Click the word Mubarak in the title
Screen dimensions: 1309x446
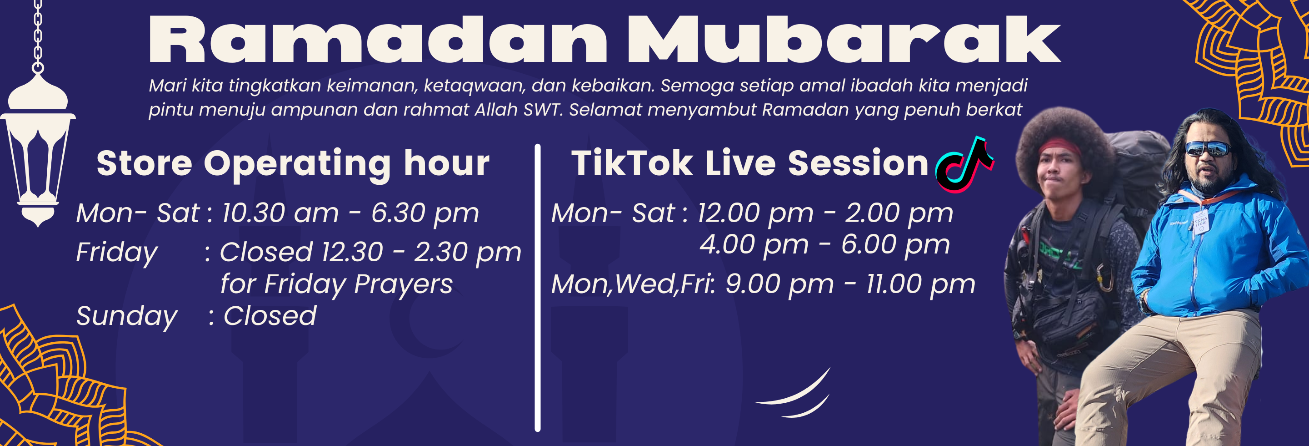pos(844,40)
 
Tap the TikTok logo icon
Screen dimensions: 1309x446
pos(964,165)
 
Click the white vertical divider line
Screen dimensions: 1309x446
pos(538,288)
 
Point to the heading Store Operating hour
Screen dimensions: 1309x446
pos(293,164)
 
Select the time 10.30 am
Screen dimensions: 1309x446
pos(280,213)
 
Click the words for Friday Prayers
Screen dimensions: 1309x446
pos(336,284)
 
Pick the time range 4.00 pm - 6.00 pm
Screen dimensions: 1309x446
pos(824,245)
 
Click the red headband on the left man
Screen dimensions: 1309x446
pos(1059,147)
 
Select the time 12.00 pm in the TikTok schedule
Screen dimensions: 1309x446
pos(755,213)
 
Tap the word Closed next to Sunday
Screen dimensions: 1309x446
pos(270,316)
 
